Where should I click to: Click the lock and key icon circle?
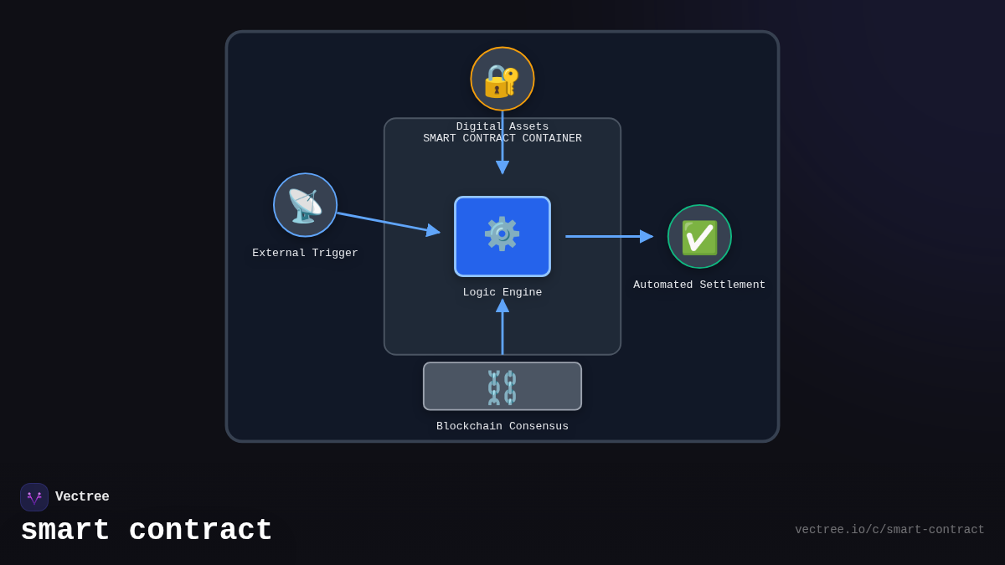[x=502, y=79]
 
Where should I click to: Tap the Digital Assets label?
[x=502, y=126]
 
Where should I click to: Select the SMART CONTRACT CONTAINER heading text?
[x=502, y=139]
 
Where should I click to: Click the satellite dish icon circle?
[x=305, y=205]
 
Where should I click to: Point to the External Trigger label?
[x=305, y=253]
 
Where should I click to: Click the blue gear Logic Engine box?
[x=502, y=236]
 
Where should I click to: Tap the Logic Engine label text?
[x=502, y=292]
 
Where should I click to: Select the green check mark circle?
[x=699, y=237]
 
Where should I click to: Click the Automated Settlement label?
[x=699, y=285]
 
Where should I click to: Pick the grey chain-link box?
[x=502, y=386]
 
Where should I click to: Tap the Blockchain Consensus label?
[x=502, y=426]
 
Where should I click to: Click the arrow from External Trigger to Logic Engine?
[x=385, y=223]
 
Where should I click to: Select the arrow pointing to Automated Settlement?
[x=607, y=236]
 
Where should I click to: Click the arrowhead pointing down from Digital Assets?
[x=502, y=167]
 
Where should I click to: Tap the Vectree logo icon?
[x=34, y=497]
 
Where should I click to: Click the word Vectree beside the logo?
[x=82, y=497]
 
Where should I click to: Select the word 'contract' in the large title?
[x=200, y=531]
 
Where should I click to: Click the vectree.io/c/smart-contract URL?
[x=889, y=530]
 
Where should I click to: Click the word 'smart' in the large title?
[x=65, y=531]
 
